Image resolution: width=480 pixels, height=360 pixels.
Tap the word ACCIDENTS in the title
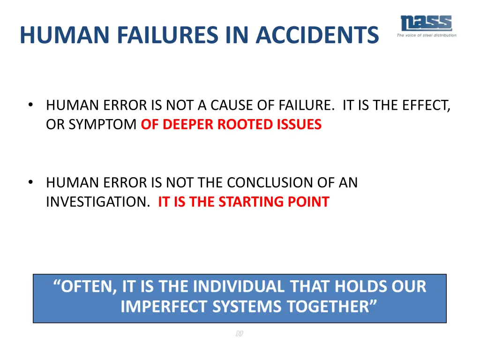pyautogui.click(x=317, y=36)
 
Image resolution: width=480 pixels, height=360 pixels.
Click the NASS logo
pyautogui.click(x=426, y=23)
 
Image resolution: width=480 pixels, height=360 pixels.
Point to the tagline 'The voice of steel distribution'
pyautogui.click(x=426, y=35)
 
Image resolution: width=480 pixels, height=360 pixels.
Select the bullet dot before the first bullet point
pyautogui.click(x=30, y=105)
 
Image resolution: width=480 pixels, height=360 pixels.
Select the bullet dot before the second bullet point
pyautogui.click(x=30, y=183)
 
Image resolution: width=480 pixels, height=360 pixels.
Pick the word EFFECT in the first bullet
pyautogui.click(x=424, y=105)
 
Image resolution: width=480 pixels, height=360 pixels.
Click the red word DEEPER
pyautogui.click(x=183, y=125)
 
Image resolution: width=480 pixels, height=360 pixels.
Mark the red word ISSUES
pyautogui.click(x=300, y=125)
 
